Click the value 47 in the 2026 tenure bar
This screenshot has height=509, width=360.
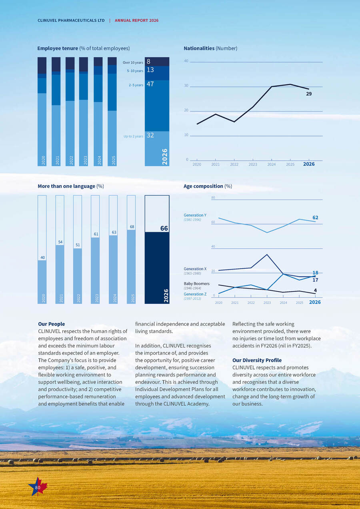tap(150, 84)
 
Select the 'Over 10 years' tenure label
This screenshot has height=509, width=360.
tap(133, 62)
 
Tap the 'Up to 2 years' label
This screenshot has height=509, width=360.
tap(134, 136)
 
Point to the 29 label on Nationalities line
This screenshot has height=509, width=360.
tap(309, 94)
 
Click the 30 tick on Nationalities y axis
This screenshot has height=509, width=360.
tap(186, 86)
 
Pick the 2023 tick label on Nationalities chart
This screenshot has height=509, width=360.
tap(253, 164)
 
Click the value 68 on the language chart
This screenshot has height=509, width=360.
tap(132, 227)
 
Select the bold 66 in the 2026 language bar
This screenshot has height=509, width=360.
tap(164, 228)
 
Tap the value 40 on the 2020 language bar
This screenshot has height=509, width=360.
tap(42, 257)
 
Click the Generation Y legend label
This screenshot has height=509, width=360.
tap(195, 215)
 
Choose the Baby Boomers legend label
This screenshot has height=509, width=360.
tap(196, 283)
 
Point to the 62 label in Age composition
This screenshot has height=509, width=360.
tap(315, 218)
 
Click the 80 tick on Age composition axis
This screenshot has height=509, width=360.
tap(213, 198)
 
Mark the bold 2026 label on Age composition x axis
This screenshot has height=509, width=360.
tap(315, 302)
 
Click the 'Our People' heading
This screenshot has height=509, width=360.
tap(51, 324)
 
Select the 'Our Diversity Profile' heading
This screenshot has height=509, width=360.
tap(257, 360)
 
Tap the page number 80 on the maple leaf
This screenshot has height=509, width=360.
tap(38, 487)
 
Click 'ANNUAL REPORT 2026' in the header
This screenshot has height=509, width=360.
tap(136, 20)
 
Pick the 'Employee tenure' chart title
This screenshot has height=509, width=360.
tap(58, 48)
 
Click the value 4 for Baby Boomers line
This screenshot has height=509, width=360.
tap(315, 290)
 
